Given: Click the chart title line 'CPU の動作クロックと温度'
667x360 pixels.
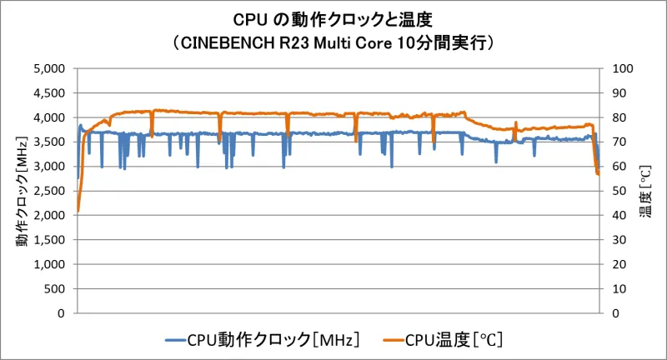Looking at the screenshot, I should [333, 18].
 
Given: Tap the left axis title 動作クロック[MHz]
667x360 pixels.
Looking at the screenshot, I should [23, 191].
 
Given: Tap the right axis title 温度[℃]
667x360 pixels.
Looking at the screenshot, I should [644, 191].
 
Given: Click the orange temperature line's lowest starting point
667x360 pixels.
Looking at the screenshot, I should [78, 211].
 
